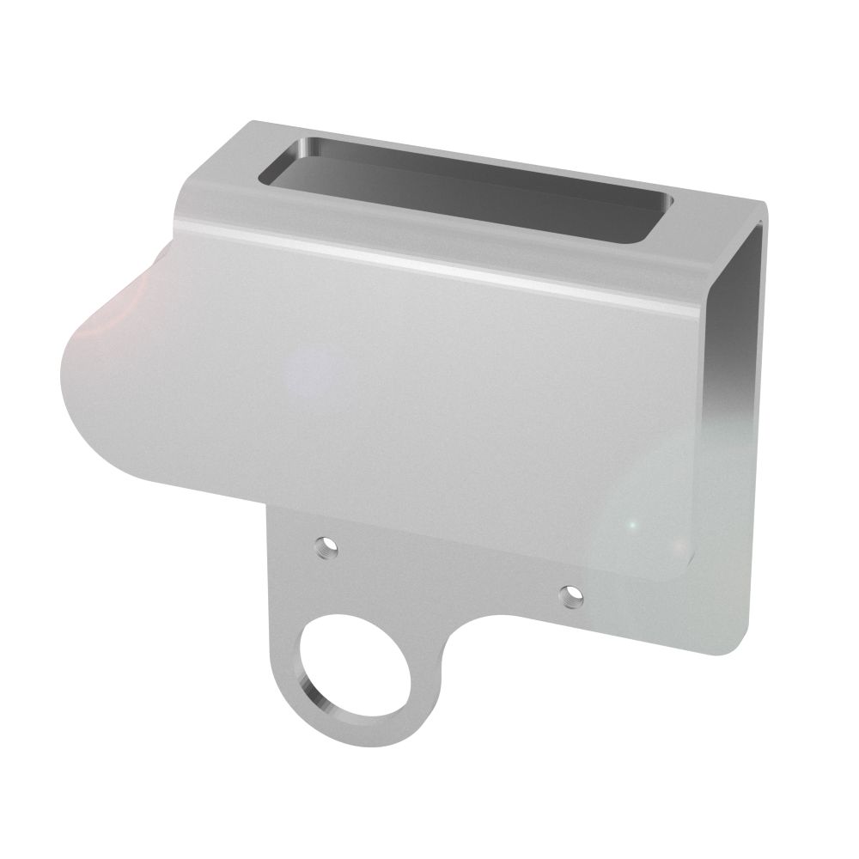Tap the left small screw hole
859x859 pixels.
[326, 545]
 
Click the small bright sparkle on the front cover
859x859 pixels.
[631, 523]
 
